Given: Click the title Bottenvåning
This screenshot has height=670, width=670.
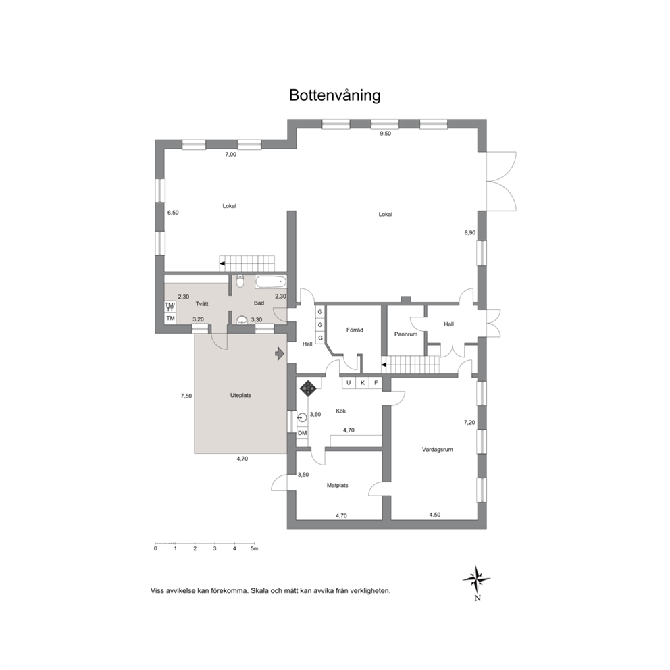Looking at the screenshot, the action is click(334, 95).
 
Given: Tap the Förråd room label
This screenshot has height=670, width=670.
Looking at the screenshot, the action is click(355, 330).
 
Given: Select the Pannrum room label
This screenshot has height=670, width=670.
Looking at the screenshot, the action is click(405, 334).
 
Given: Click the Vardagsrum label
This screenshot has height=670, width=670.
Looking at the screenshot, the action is click(437, 450).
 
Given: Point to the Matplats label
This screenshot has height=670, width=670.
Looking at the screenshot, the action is click(337, 486).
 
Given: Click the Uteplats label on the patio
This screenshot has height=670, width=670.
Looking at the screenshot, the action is click(240, 396).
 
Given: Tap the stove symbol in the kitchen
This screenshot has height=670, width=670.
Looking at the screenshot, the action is click(309, 388).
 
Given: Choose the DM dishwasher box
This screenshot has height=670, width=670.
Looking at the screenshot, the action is click(303, 433).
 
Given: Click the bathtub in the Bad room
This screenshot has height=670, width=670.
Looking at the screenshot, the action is click(271, 282).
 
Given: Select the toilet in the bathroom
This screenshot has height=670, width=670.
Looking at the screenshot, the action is click(240, 281).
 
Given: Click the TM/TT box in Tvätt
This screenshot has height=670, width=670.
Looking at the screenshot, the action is click(170, 307).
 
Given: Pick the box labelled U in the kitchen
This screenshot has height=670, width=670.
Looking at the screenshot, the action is click(349, 383).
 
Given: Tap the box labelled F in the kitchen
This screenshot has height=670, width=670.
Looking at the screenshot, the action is click(376, 383).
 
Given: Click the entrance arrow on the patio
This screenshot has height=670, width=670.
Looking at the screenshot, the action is click(280, 353).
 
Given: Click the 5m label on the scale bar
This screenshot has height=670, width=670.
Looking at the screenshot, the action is click(254, 548).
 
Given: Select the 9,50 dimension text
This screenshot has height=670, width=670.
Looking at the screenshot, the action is click(386, 134).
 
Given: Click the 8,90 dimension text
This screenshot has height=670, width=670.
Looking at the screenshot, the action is click(470, 233).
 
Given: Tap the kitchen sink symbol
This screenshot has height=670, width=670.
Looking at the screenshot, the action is click(302, 417).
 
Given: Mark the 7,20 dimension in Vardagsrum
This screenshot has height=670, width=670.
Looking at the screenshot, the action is click(469, 423).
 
